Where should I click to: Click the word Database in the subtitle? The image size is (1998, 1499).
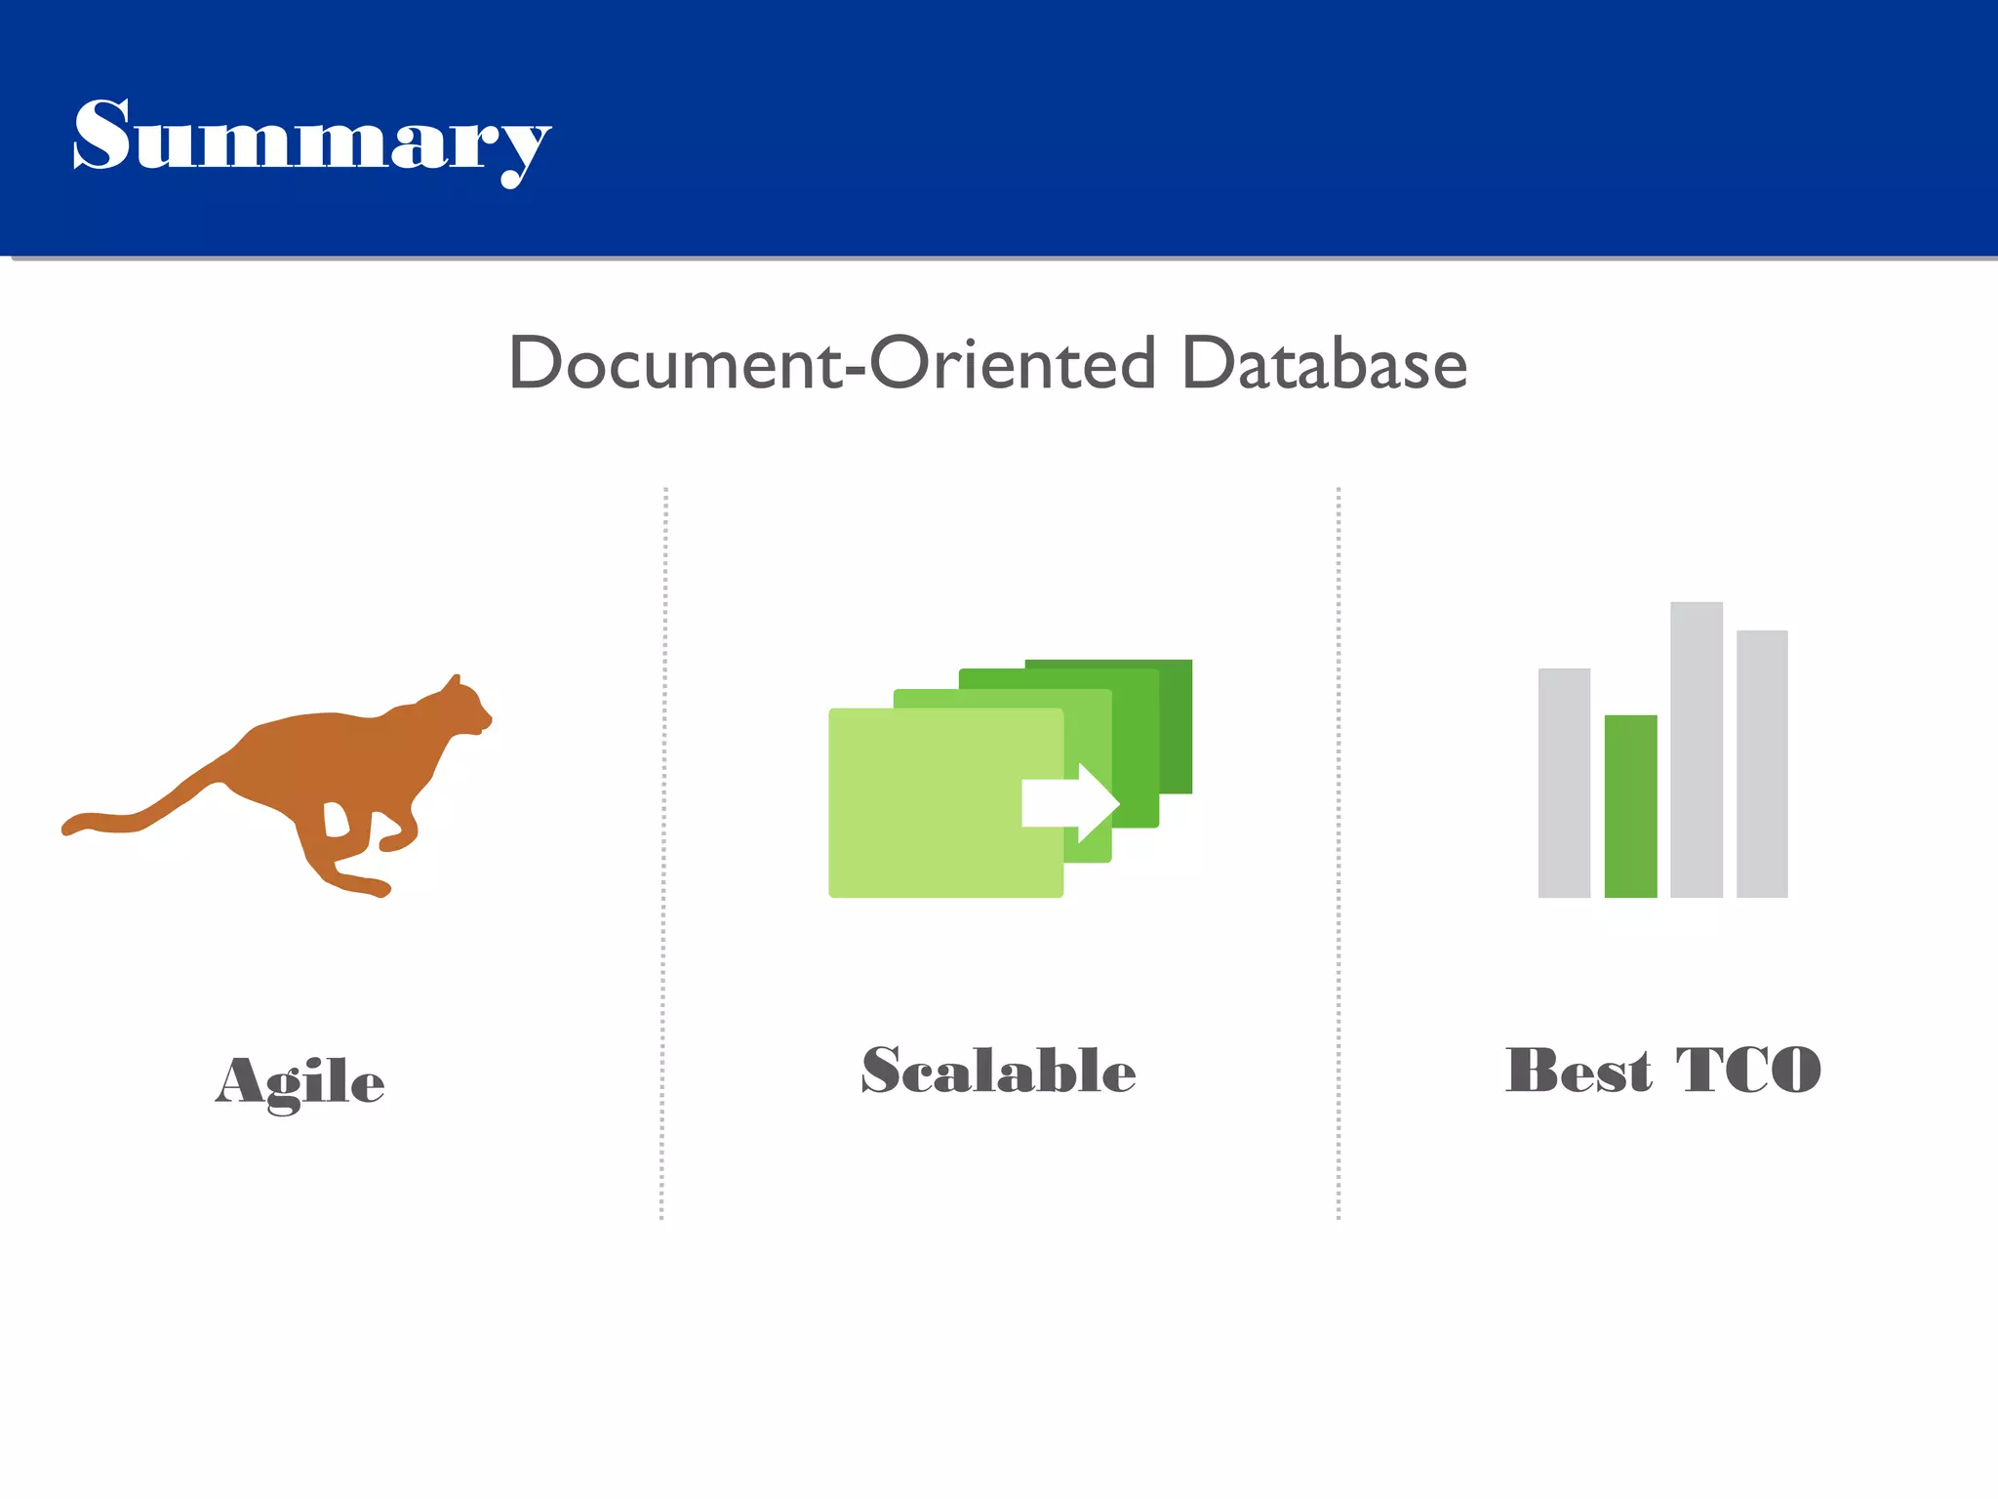tap(1324, 363)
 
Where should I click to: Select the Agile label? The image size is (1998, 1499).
tap(300, 1081)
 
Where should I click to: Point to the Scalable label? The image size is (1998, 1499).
tap(998, 1071)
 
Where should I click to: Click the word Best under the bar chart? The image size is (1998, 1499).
tap(1578, 1071)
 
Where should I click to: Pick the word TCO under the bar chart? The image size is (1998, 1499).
tap(1748, 1071)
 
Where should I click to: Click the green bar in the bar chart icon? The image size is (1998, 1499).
tap(1630, 806)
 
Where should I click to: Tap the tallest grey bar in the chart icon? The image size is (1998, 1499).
tap(1696, 749)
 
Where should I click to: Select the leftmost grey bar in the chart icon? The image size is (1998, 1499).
tap(1564, 783)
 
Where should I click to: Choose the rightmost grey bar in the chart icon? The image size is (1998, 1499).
tap(1762, 763)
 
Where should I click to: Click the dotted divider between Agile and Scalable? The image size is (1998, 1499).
tap(663, 854)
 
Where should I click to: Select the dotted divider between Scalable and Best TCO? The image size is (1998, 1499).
tap(1338, 854)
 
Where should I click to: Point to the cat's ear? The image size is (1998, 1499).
tap(454, 680)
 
